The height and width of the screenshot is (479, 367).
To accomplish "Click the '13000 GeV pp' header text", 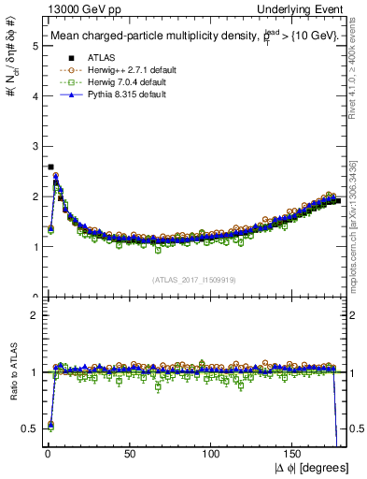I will (x=66, y=8).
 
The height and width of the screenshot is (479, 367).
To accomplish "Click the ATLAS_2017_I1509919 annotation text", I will (x=194, y=279).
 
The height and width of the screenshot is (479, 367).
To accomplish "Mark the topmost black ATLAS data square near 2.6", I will (x=50, y=167).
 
